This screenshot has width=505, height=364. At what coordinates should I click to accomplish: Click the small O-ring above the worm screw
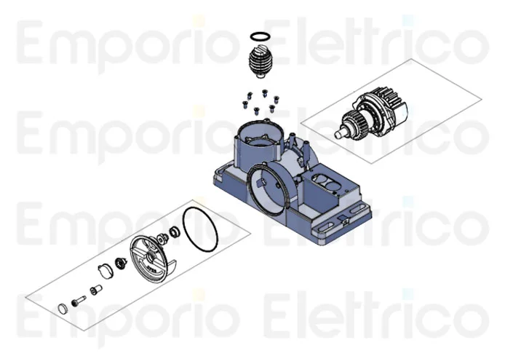coord(260,33)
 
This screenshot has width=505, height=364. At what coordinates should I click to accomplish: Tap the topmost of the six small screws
coord(265,93)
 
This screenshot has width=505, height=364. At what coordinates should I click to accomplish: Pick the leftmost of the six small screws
coord(244,104)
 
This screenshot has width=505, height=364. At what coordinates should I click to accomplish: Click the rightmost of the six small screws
coord(276,99)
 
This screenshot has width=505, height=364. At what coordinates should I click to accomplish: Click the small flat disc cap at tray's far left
coord(63,309)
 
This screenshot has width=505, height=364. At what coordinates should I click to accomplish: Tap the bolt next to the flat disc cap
coord(79,301)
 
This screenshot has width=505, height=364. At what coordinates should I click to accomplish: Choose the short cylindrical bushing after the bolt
coord(95,289)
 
